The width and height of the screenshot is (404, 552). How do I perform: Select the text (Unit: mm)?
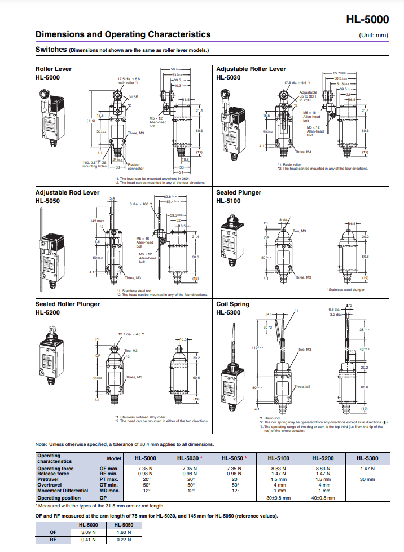click(x=374, y=35)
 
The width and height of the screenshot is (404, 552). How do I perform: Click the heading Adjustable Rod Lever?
click(x=67, y=192)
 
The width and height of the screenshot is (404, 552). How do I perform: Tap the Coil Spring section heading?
click(x=232, y=304)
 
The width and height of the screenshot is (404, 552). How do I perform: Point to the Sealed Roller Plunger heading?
click(x=67, y=304)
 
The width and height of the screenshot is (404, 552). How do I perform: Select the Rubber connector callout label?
click(x=135, y=166)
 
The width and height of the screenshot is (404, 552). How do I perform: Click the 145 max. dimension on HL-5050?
click(x=97, y=220)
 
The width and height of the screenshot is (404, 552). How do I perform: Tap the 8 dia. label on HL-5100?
click(x=283, y=219)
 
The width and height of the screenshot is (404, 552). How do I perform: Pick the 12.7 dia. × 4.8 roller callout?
click(x=131, y=334)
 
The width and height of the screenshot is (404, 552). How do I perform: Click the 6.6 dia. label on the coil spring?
click(x=334, y=310)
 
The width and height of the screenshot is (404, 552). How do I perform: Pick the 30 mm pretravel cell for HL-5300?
click(x=368, y=479)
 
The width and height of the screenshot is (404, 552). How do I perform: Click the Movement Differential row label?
click(x=63, y=491)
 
